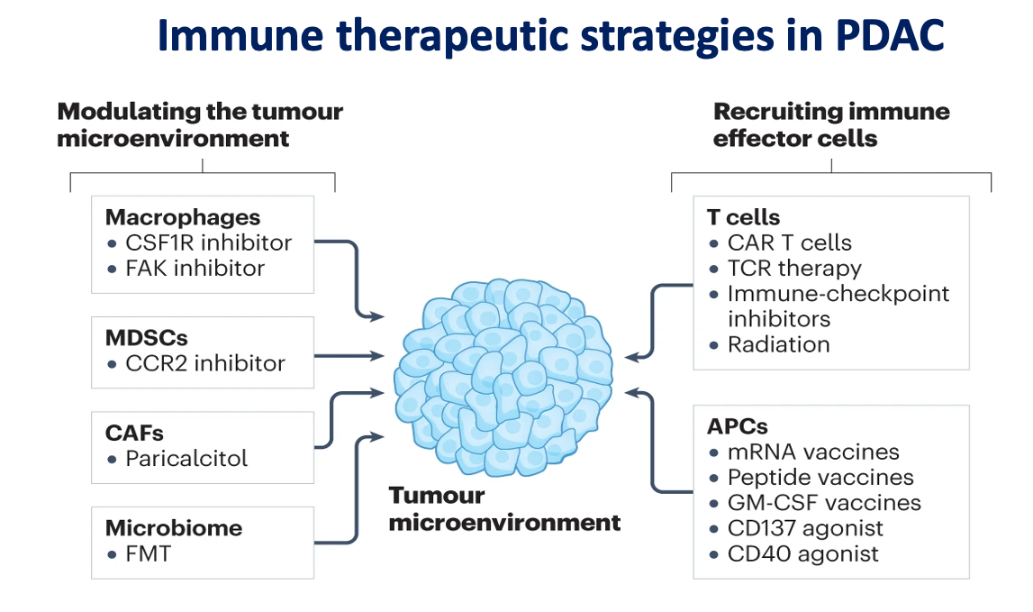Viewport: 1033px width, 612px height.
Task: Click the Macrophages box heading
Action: (x=183, y=217)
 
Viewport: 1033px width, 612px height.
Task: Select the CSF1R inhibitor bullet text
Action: (x=208, y=242)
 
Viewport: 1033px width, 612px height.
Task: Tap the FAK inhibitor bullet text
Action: (x=195, y=269)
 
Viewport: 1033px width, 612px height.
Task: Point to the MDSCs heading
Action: (x=146, y=338)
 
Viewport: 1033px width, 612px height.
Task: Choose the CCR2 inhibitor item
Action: (x=204, y=363)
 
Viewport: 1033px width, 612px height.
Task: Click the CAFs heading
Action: (x=134, y=434)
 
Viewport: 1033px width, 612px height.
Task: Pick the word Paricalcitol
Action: (x=186, y=459)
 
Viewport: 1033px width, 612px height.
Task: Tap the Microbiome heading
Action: (x=174, y=528)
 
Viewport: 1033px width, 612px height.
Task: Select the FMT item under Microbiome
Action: (x=149, y=554)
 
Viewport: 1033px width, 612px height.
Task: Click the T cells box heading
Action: (x=743, y=217)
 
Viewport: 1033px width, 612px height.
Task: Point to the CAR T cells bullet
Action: (x=789, y=242)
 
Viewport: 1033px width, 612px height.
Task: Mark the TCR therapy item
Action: (x=794, y=269)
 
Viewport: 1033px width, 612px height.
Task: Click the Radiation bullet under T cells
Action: (x=779, y=345)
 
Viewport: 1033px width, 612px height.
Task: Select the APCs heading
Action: (x=738, y=426)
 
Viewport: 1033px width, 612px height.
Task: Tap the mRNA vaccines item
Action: (x=813, y=452)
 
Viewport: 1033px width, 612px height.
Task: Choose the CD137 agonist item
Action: (x=805, y=528)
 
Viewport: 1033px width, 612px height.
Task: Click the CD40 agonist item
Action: (x=803, y=554)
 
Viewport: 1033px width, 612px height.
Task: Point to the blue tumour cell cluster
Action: (x=503, y=378)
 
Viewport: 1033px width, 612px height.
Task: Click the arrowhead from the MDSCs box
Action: (x=376, y=356)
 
